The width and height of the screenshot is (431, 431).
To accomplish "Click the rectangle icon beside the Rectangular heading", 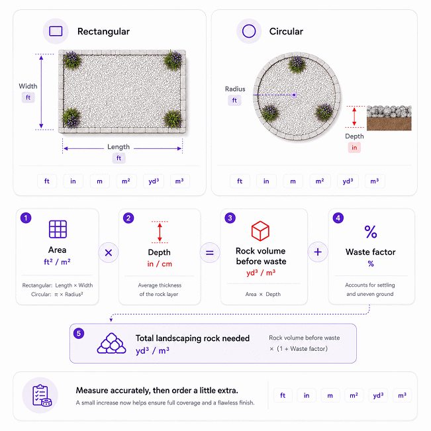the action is pyautogui.click(x=56, y=31).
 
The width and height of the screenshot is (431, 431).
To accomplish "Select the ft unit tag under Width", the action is pyautogui.click(x=28, y=97).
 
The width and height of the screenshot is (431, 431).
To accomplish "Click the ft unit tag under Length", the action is pyautogui.click(x=119, y=158).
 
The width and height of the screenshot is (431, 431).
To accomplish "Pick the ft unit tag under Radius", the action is pyautogui.click(x=234, y=101).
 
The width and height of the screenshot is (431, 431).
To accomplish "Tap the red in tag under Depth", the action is pyautogui.click(x=354, y=148).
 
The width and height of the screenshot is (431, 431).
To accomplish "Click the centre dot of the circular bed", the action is pyautogui.click(x=294, y=95).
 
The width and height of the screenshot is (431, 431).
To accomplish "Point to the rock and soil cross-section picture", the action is pyautogui.click(x=389, y=118).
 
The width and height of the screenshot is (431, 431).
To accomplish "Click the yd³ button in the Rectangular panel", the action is pyautogui.click(x=154, y=181).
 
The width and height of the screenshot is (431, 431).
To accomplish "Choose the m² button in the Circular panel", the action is pyautogui.click(x=320, y=181).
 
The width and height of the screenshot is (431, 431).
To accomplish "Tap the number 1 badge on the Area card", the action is pyautogui.click(x=26, y=218).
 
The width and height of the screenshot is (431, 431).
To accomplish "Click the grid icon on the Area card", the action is pyautogui.click(x=58, y=229).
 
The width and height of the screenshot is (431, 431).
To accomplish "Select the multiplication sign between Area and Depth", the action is pyautogui.click(x=109, y=253).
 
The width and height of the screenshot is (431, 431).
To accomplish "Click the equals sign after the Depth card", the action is pyautogui.click(x=210, y=253).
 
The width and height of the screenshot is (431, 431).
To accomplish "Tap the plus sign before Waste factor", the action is pyautogui.click(x=318, y=252).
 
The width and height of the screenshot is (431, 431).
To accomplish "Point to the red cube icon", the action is pyautogui.click(x=260, y=231).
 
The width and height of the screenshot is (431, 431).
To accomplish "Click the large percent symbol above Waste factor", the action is pyautogui.click(x=371, y=232).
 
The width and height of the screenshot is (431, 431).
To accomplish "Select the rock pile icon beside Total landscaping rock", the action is pyautogui.click(x=111, y=343).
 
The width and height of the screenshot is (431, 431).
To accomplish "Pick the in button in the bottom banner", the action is pyautogui.click(x=307, y=395).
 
